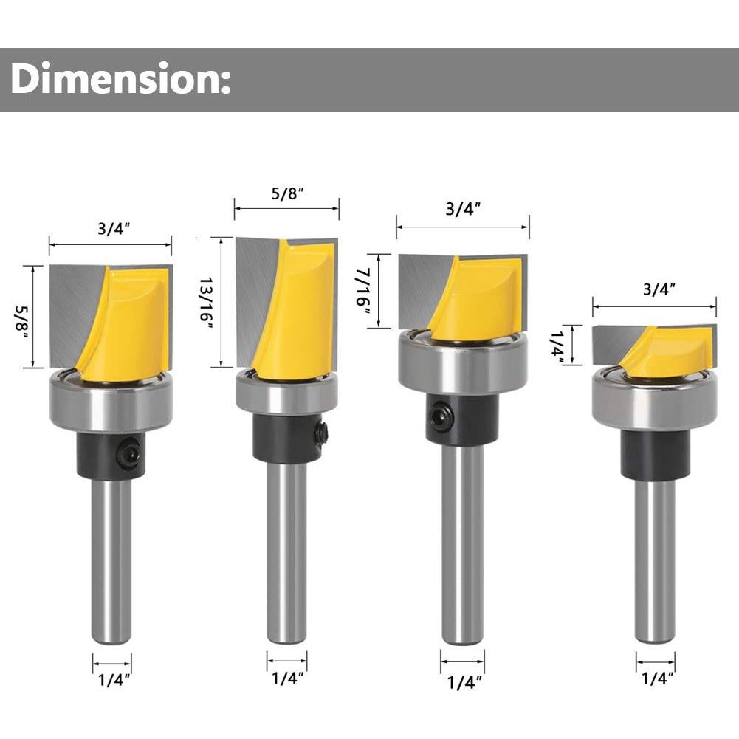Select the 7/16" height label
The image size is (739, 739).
pyautogui.click(x=364, y=291)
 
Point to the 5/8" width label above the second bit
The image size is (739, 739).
pyautogui.click(x=287, y=193)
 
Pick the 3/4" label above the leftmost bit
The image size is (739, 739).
pyautogui.click(x=114, y=229)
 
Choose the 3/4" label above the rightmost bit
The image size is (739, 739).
pyautogui.click(x=659, y=289)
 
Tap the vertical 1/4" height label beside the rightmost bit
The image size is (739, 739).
pyautogui.click(x=558, y=346)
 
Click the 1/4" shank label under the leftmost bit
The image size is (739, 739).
pyautogui.click(x=114, y=680)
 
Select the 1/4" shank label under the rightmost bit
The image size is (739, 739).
pyautogui.click(x=658, y=678)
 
